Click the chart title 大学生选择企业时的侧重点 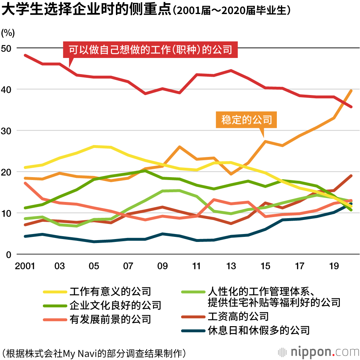86,10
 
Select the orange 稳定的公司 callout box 247,120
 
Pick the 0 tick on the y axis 9,255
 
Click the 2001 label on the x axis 25,266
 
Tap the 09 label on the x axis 162,266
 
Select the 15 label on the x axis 265,266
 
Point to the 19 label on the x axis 334,266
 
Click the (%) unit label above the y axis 8,33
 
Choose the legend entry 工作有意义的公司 110,291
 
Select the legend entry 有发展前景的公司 110,319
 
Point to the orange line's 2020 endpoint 351,90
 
